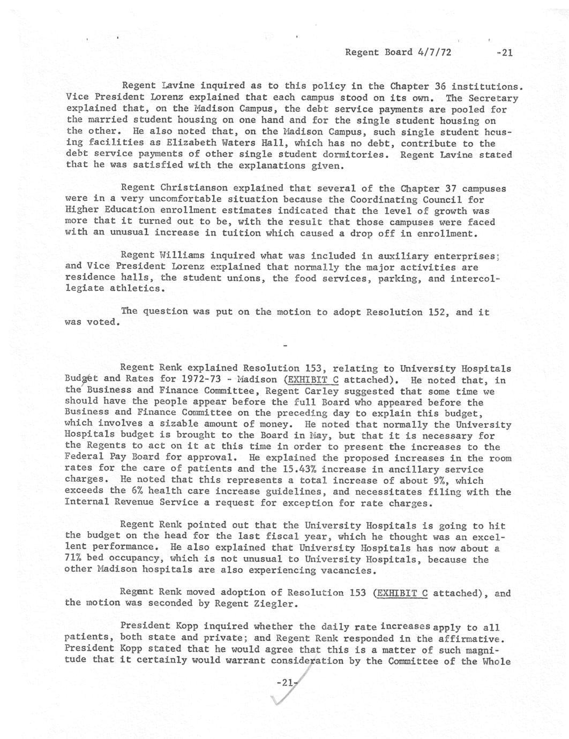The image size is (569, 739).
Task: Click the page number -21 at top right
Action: (505, 52)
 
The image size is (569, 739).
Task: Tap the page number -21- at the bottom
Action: (285, 682)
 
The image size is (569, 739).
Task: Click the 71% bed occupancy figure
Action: (73, 559)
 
